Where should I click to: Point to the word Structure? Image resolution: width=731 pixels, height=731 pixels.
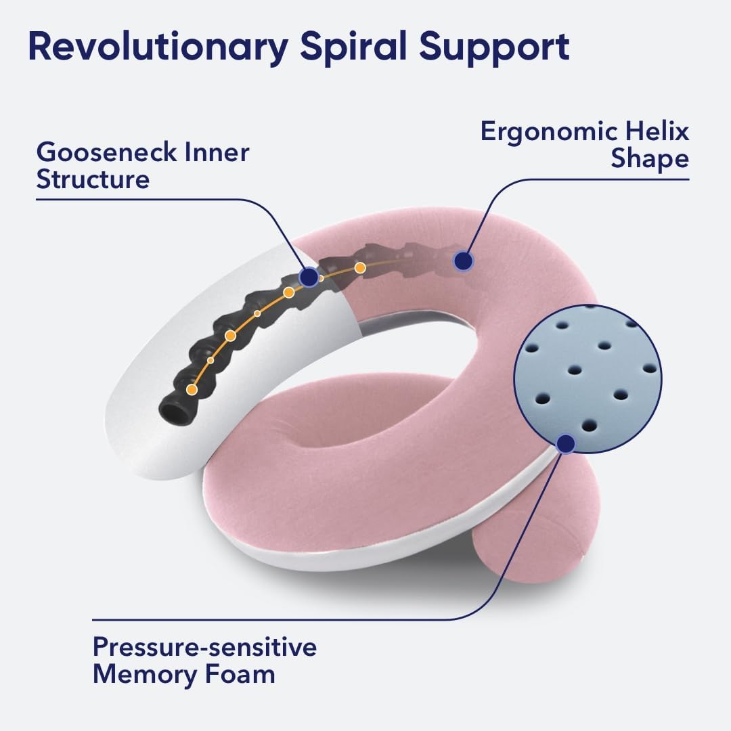(x=93, y=180)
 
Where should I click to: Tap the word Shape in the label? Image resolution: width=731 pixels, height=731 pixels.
(x=650, y=160)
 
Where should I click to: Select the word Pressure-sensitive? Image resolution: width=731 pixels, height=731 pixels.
(x=204, y=648)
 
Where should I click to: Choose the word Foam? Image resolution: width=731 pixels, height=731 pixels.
(x=244, y=675)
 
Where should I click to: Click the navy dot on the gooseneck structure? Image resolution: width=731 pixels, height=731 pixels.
(x=309, y=276)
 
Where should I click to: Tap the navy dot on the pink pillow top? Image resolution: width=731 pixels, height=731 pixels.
(x=463, y=261)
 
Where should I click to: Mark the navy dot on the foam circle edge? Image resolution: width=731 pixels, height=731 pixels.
(x=566, y=444)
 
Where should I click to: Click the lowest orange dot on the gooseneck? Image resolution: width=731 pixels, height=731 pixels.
(x=192, y=389)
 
